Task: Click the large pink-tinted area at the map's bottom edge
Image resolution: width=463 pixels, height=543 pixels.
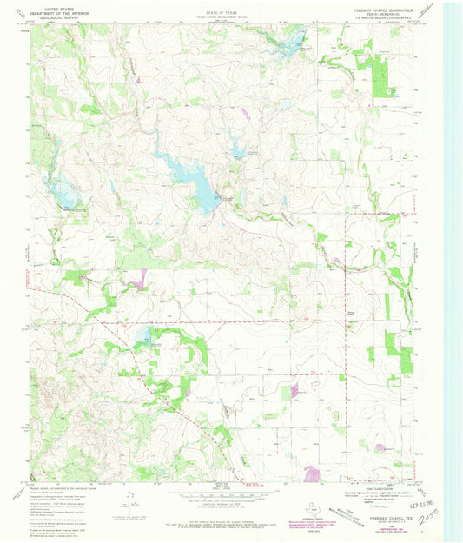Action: [x=312, y=474]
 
